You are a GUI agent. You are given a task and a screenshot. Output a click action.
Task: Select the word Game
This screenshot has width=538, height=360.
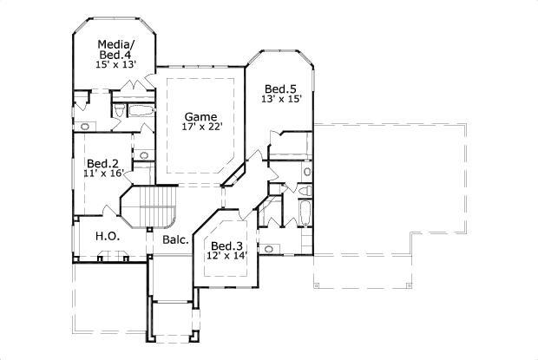coord(200,116)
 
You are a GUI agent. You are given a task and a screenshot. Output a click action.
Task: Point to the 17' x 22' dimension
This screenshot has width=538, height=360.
coord(202,128)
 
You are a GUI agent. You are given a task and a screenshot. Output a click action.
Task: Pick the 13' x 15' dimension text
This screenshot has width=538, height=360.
coord(279,100)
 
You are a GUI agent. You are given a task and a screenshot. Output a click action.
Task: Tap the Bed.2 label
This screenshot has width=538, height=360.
coord(102,163)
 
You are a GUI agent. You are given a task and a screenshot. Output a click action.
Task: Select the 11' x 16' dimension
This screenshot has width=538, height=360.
coord(103,173)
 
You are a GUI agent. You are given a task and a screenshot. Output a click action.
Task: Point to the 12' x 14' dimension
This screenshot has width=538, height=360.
coord(227,256)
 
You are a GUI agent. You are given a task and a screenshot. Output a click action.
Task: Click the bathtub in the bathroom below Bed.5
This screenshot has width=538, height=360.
coord(304,213)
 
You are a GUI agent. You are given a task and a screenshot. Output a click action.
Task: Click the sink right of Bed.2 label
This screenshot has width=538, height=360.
coord(144,157)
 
